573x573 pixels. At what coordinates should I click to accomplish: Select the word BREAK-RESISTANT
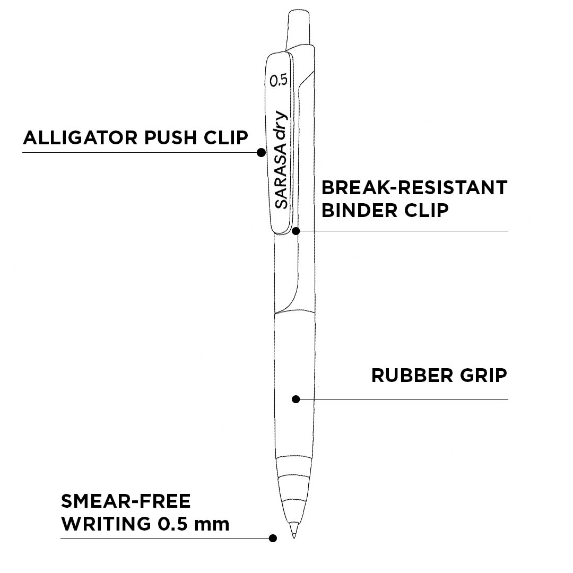pyautogui.click(x=414, y=187)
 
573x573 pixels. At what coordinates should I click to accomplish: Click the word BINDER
pyautogui.click(x=359, y=210)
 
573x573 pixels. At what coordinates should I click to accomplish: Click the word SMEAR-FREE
pyautogui.click(x=126, y=501)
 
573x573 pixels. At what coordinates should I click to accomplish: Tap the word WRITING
pyautogui.click(x=106, y=524)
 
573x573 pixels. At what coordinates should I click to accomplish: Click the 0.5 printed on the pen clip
pyautogui.click(x=279, y=80)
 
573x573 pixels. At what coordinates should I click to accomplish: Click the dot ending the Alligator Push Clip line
pyautogui.click(x=261, y=152)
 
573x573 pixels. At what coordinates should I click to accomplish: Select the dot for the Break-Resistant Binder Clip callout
pyautogui.click(x=297, y=231)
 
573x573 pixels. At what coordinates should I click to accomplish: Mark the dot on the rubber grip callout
pyautogui.click(x=297, y=399)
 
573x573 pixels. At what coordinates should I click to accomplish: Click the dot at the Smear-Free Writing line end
pyautogui.click(x=273, y=538)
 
